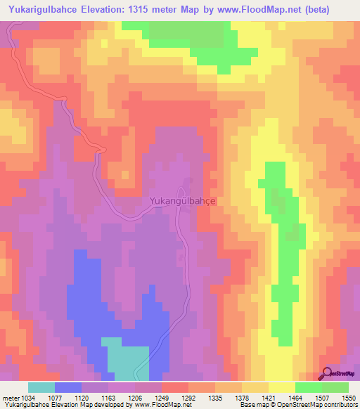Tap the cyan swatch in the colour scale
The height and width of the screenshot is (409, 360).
click(41, 387)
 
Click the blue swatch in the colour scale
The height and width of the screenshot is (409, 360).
click(68, 387)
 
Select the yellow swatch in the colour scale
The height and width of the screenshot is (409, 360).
click(282, 387)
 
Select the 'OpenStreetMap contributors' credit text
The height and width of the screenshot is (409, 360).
click(319, 404)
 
